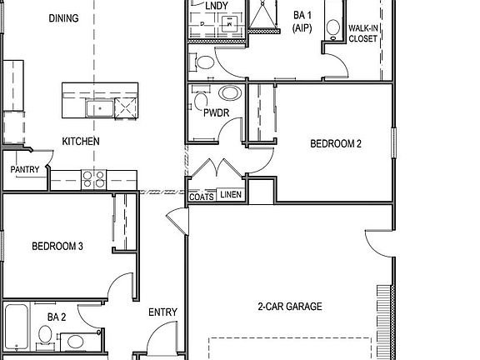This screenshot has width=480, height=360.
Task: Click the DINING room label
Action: [87, 18]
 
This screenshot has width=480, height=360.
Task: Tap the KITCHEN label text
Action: [81, 142]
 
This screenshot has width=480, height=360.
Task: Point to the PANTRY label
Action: [24, 169]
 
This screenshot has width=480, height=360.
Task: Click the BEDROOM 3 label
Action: [57, 246]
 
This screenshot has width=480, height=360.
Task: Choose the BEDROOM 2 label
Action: [335, 143]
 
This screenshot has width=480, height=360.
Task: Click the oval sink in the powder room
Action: [229, 93]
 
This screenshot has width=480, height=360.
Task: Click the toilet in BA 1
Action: [202, 62]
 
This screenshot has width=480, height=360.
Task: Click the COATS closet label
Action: [201, 197]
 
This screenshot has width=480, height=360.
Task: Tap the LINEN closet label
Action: [231, 197]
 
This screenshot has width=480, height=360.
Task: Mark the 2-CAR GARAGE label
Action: [289, 307]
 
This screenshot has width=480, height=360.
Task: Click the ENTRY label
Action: [162, 312]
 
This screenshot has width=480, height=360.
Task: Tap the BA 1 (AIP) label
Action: [302, 22]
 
